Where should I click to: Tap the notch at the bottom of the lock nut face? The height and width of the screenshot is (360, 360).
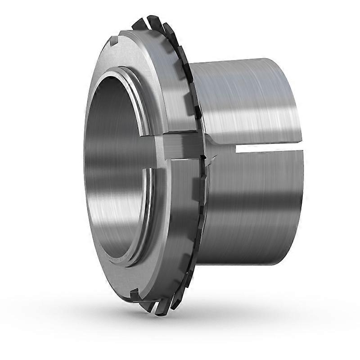(134, 294)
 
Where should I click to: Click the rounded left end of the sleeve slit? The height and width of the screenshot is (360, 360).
(237, 148)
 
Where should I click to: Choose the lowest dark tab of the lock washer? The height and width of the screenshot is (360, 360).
(160, 310)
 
